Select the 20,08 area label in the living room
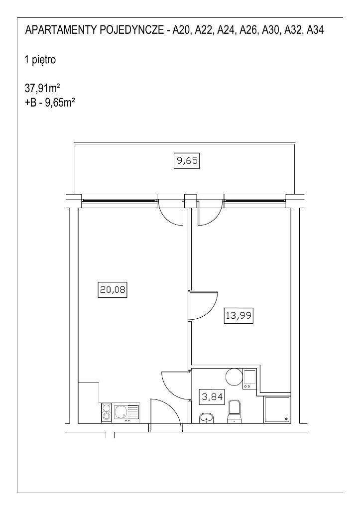112,289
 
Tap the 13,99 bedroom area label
239,315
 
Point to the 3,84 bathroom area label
212,397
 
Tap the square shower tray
276,409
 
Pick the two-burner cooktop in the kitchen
106,412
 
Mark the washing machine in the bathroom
250,379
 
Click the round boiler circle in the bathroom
234,377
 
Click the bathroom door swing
175,386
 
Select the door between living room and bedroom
203,305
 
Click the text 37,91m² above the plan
43,88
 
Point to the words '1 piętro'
40,60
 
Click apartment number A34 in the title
315,30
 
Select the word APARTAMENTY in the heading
60,30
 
